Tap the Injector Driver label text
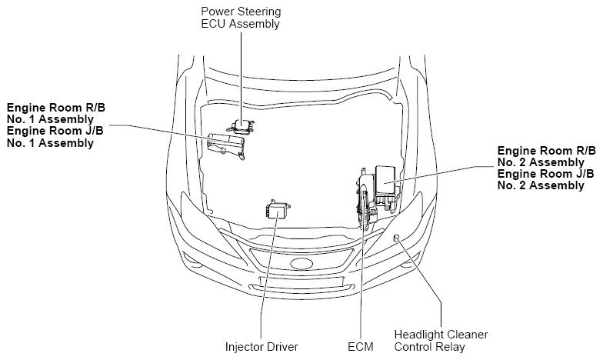click(x=262, y=346)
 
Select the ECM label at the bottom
click(x=359, y=346)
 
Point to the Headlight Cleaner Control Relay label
click(x=441, y=340)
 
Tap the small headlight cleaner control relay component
click(x=396, y=238)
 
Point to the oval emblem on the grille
click(x=301, y=264)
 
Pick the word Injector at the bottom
click(x=244, y=346)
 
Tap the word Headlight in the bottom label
click(x=419, y=335)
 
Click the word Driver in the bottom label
click(x=282, y=346)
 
